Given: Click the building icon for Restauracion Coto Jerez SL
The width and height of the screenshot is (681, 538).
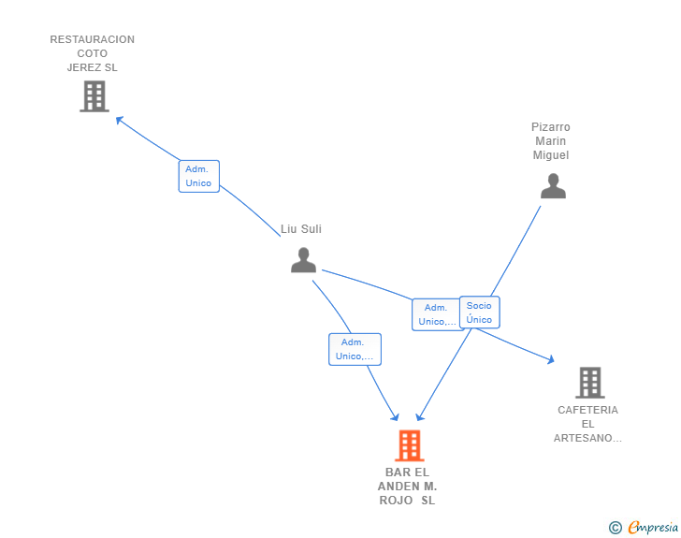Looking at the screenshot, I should click(x=94, y=95).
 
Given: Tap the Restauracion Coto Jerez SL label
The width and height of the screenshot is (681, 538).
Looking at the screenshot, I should click(x=92, y=53).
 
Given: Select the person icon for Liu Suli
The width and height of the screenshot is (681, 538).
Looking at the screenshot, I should click(x=303, y=260).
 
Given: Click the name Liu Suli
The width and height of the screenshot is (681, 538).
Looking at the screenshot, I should click(x=301, y=229).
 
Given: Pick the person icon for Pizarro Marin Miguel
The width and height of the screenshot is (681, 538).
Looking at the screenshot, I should click(x=553, y=186).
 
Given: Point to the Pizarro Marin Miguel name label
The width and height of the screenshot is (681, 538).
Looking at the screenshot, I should click(x=551, y=141).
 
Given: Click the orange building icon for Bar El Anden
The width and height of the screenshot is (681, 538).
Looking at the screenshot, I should click(x=409, y=445).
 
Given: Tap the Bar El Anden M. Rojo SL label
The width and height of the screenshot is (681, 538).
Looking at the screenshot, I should click(x=407, y=487).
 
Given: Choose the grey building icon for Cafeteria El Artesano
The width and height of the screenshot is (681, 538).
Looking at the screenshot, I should click(x=589, y=382).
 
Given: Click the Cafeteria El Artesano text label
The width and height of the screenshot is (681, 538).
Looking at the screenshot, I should click(x=587, y=424).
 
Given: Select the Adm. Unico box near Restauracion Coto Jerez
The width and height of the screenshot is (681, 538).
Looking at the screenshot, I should click(x=198, y=176).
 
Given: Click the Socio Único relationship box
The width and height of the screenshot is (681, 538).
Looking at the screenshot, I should click(x=479, y=313).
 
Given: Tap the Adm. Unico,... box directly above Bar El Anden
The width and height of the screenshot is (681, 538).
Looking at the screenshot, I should click(x=355, y=349).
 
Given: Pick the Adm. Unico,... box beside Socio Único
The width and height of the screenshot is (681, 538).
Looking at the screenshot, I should click(x=436, y=314).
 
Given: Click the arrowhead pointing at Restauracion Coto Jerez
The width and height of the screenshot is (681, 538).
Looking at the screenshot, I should click(x=119, y=119).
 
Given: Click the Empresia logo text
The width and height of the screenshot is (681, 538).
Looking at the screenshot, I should click(x=653, y=528).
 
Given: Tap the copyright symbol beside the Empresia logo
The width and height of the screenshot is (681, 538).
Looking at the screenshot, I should click(x=615, y=528).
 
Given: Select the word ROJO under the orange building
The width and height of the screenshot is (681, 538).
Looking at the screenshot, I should click(x=394, y=501).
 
